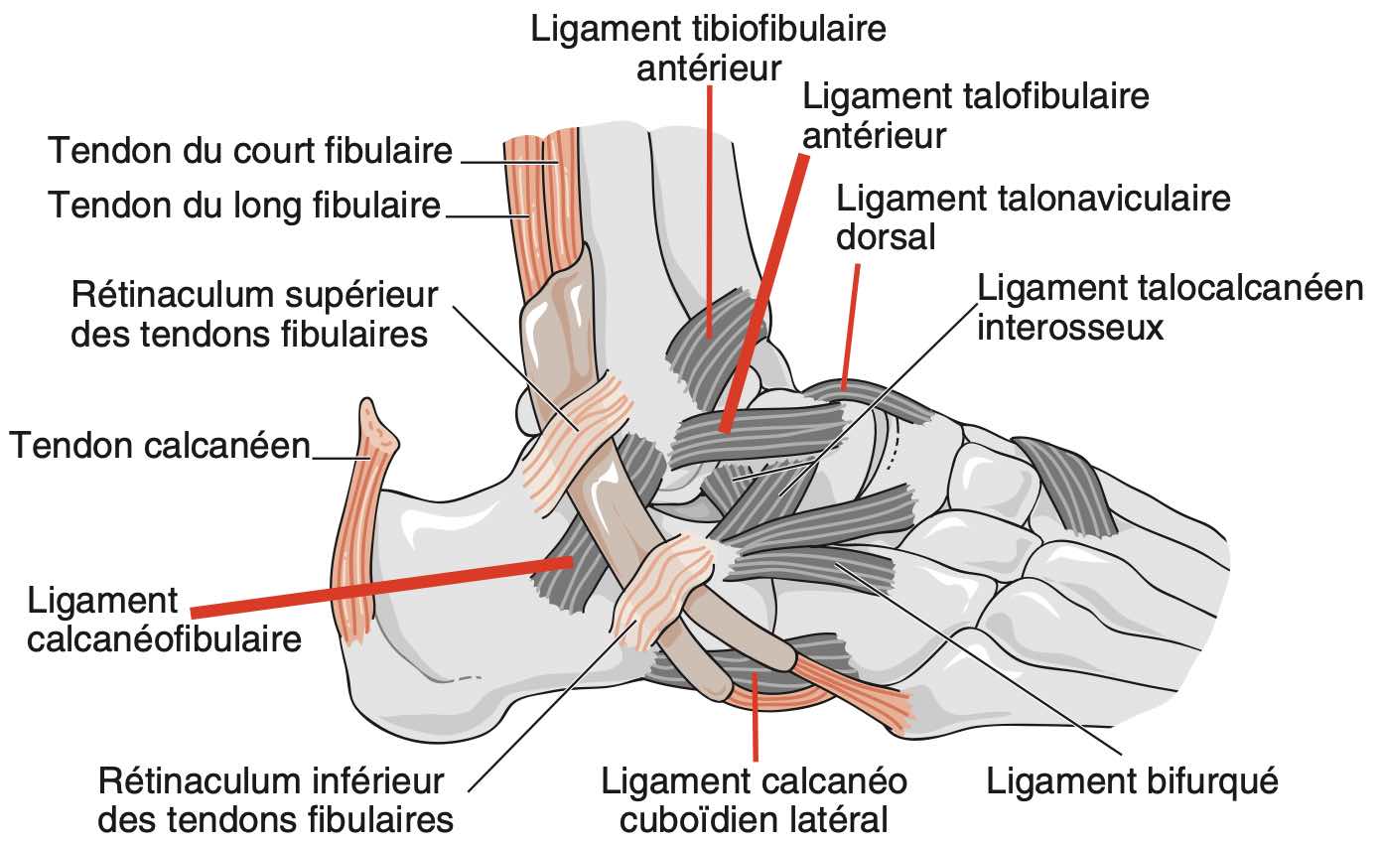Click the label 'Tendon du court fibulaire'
(250, 152)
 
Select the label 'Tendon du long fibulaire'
(244, 206)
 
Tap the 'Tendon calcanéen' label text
(160, 446)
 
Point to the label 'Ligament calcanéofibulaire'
(164, 620)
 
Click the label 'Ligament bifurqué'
(1131, 781)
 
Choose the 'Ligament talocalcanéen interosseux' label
(1171, 307)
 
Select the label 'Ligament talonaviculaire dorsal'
(1034, 217)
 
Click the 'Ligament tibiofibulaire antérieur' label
(708, 46)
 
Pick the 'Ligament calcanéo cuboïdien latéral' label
(755, 800)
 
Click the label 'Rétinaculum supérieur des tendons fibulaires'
(254, 315)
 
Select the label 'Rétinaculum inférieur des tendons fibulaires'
(276, 800)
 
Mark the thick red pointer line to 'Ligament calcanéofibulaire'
(377, 585)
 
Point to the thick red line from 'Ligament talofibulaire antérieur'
(765, 288)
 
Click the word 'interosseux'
(1069, 327)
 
